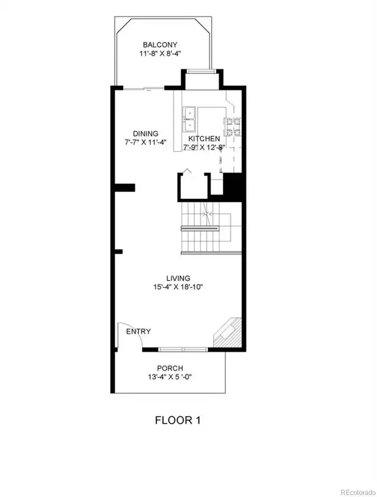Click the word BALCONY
click(160, 45)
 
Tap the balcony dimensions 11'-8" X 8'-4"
click(160, 54)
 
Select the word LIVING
click(178, 278)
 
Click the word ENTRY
click(138, 331)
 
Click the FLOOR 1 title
click(178, 419)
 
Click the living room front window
click(183, 348)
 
